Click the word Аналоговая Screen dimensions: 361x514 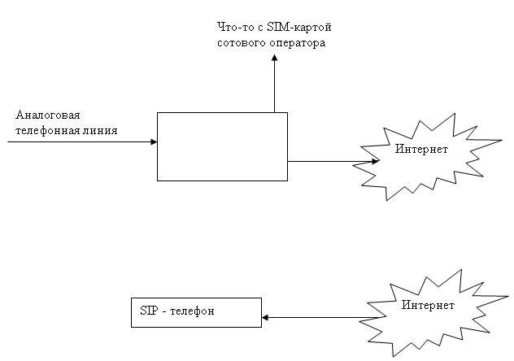47,115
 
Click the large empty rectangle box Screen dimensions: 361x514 222,146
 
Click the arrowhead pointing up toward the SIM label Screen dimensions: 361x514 274,59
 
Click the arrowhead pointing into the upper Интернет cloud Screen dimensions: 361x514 375,161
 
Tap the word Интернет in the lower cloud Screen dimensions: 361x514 429,305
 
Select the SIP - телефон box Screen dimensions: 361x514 196,312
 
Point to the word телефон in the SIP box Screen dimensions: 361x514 193,312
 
